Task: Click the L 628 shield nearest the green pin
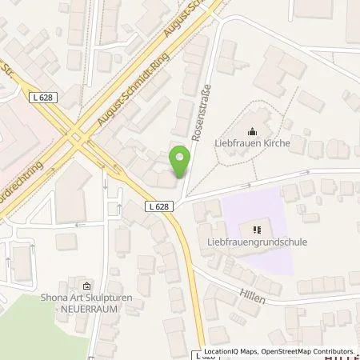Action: tap(158, 206)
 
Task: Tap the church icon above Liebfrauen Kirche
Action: tap(253, 132)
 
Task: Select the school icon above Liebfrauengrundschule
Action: tap(256, 229)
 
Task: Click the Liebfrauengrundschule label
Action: tap(256, 242)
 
